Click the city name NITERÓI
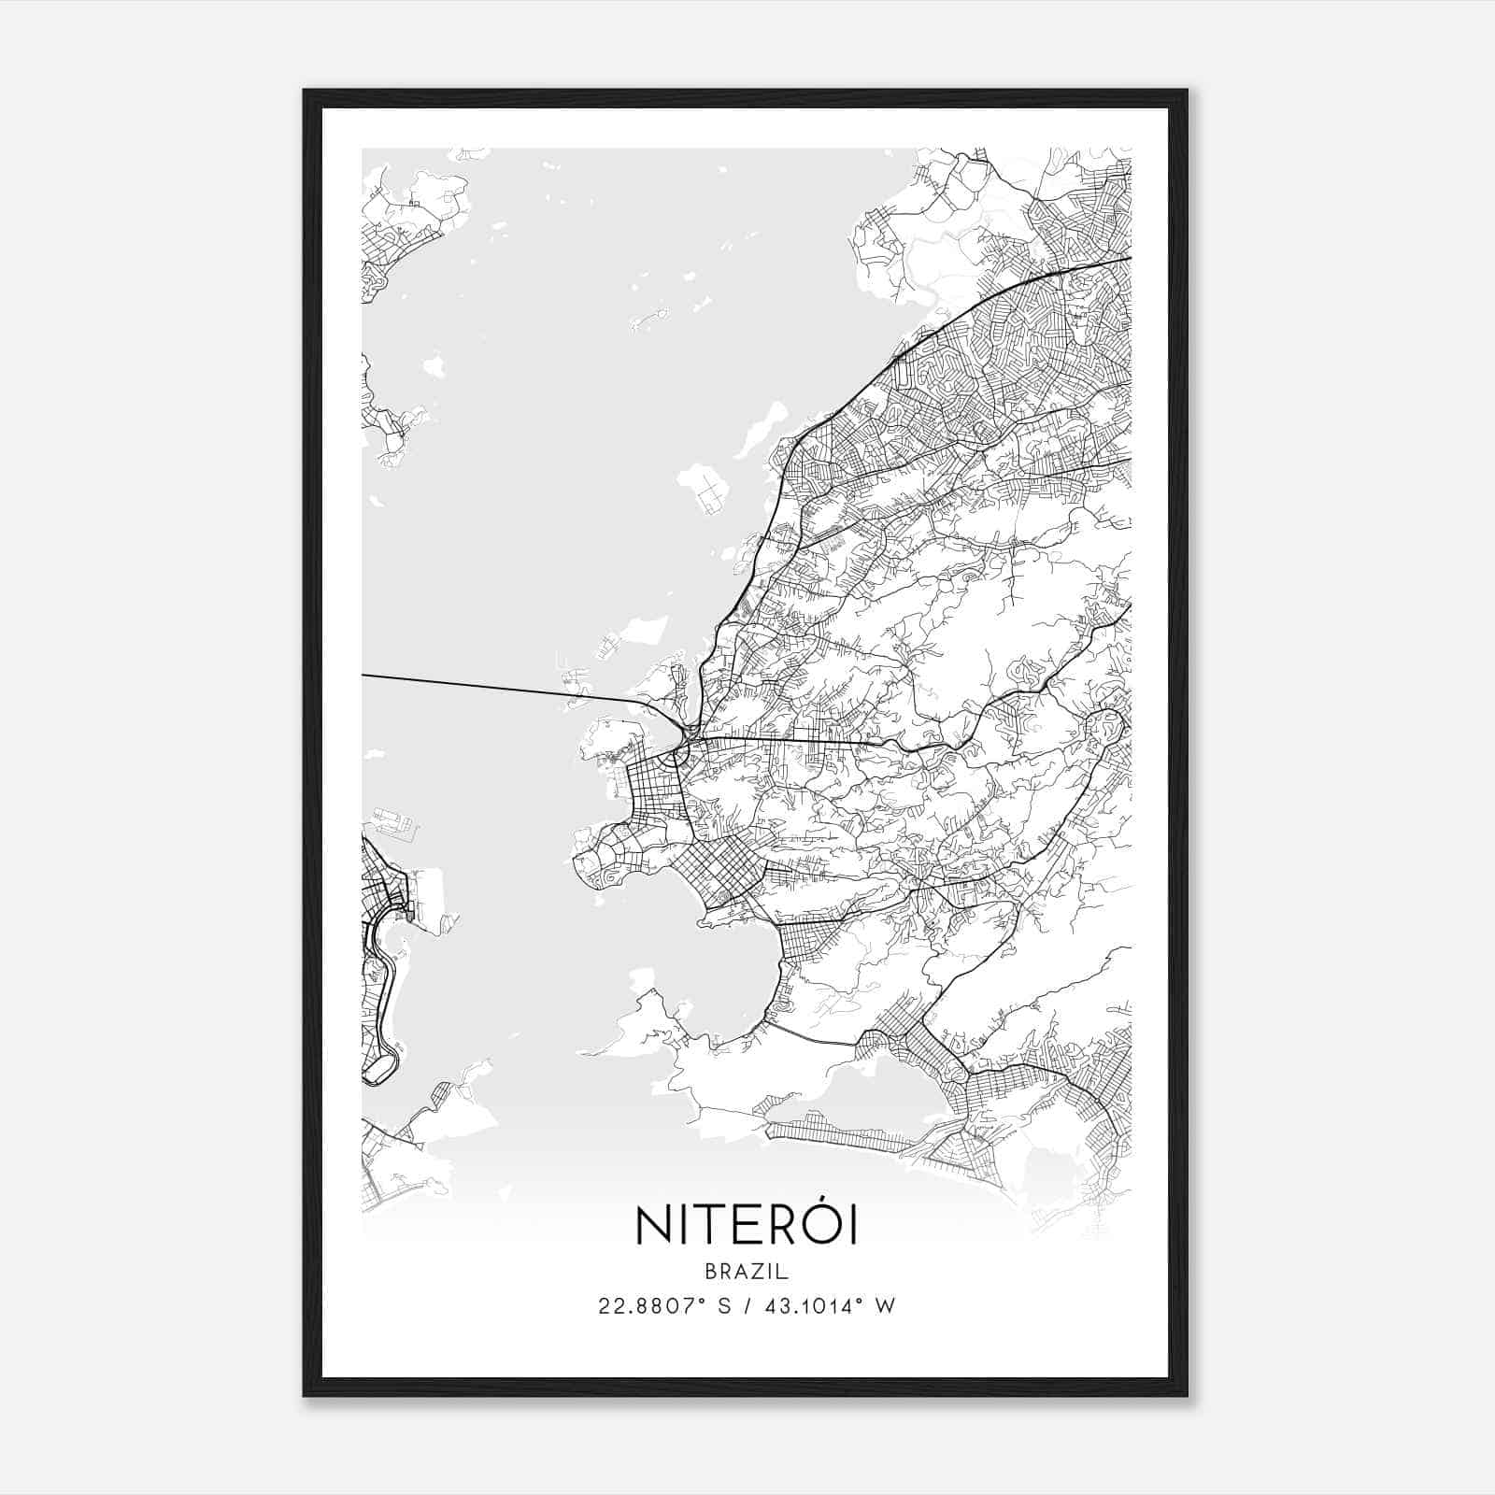(x=747, y=1226)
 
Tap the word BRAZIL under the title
(x=747, y=1272)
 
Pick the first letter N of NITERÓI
(x=652, y=1227)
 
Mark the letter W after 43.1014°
(x=886, y=1306)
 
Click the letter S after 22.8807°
(x=725, y=1306)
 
